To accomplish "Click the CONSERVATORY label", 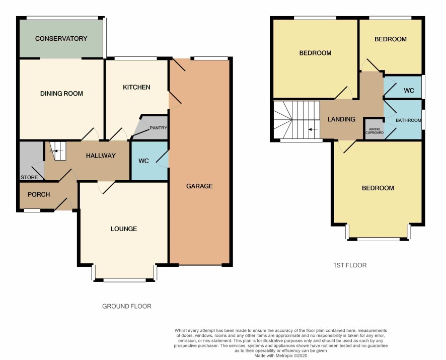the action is click(x=61, y=38).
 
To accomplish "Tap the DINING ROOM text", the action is click(x=61, y=93).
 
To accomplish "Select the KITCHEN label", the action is click(x=136, y=87).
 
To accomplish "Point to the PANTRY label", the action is click(x=159, y=128).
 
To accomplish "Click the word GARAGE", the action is click(x=199, y=186).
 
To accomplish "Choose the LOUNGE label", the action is click(x=124, y=229).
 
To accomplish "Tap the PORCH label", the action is click(x=39, y=195).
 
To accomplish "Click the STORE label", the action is click(x=29, y=177).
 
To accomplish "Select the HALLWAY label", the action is click(x=101, y=156).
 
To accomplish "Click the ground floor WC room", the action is click(x=150, y=161).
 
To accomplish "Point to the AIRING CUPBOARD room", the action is click(x=375, y=129).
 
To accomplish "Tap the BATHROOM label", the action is click(x=408, y=120).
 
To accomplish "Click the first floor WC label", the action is click(x=409, y=91).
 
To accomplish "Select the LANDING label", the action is click(x=341, y=119).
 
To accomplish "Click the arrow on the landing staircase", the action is click(x=313, y=130).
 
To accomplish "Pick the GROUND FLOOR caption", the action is click(x=126, y=306).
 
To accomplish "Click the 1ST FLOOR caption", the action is click(x=350, y=265).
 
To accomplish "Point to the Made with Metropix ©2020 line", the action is click(x=281, y=356).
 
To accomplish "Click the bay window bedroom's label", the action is click(x=378, y=188).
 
